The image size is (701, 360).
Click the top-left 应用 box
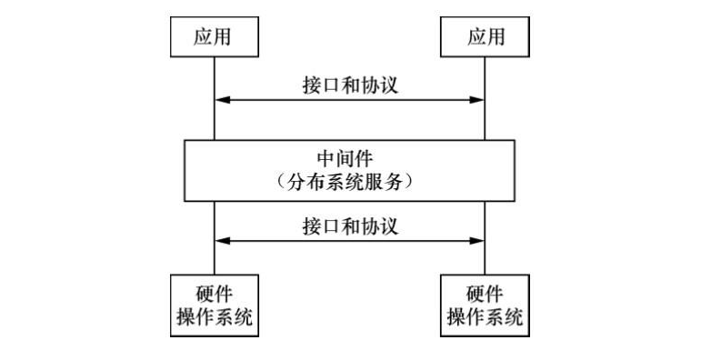tap(215, 37)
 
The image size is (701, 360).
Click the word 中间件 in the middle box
tap(349, 158)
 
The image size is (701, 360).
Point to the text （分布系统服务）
tap(349, 182)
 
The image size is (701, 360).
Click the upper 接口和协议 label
tap(349, 84)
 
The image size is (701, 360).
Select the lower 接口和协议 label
tap(349, 225)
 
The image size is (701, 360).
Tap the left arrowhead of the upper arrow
tap(221, 99)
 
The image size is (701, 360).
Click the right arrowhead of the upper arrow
tap(477, 99)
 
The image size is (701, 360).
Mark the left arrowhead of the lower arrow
tap(221, 241)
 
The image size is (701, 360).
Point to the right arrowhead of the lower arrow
tap(477, 241)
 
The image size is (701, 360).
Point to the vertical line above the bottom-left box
tap(215, 259)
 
